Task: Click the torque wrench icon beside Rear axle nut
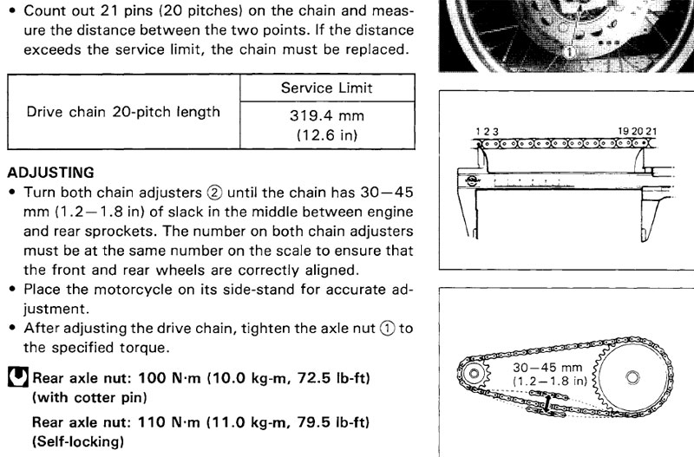pyautogui.click(x=16, y=379)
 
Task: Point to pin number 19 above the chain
pyautogui.click(x=623, y=131)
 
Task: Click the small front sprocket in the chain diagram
pyautogui.click(x=475, y=374)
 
